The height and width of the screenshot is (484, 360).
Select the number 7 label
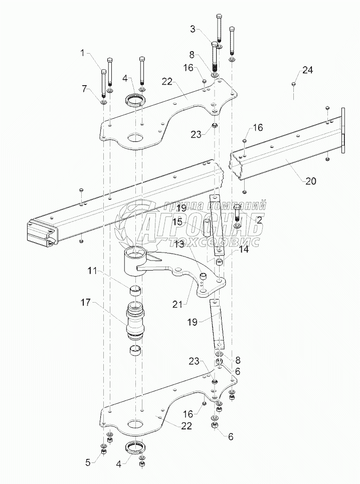click(86, 89)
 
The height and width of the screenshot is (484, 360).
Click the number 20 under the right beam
click(310, 181)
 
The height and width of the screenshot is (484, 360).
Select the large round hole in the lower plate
click(135, 422)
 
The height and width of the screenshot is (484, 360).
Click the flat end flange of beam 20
click(343, 129)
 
